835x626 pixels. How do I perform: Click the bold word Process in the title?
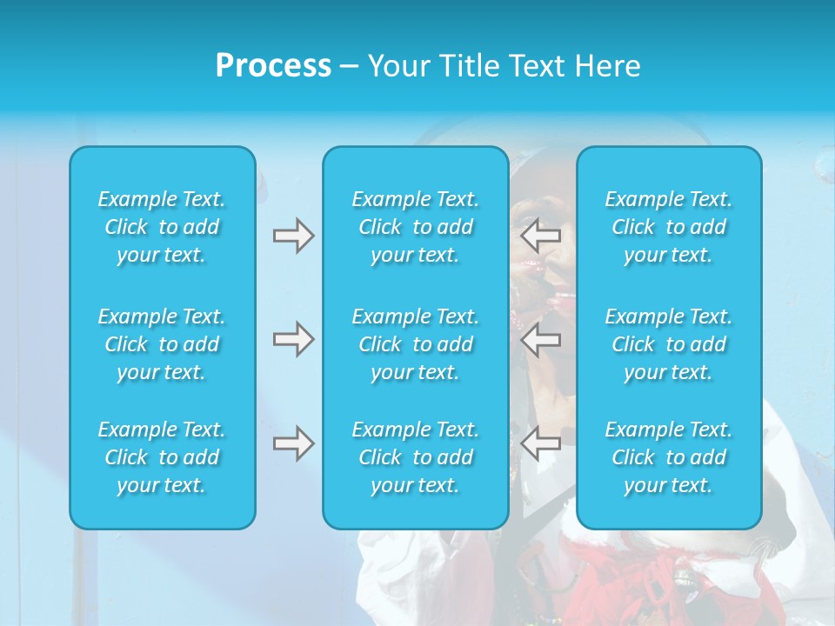tap(273, 66)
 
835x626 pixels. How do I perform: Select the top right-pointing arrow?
tap(293, 236)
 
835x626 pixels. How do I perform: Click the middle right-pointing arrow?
tap(293, 339)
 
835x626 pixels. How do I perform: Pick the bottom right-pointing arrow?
tap(293, 443)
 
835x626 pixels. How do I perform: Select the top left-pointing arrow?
tap(540, 236)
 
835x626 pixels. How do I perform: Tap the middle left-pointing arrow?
tap(540, 339)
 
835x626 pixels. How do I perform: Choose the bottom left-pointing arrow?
tap(540, 443)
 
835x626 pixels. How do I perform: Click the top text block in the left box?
tap(162, 227)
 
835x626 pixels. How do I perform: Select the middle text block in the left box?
tap(162, 344)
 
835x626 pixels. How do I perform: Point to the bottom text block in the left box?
tap(162, 457)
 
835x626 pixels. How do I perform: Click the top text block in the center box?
tap(416, 227)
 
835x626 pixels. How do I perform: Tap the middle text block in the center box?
tap(416, 344)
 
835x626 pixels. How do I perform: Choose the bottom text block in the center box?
tap(416, 457)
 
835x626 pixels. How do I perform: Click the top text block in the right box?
tap(669, 227)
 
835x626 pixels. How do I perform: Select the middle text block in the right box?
tap(669, 344)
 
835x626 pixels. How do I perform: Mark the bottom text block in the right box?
tap(669, 457)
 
